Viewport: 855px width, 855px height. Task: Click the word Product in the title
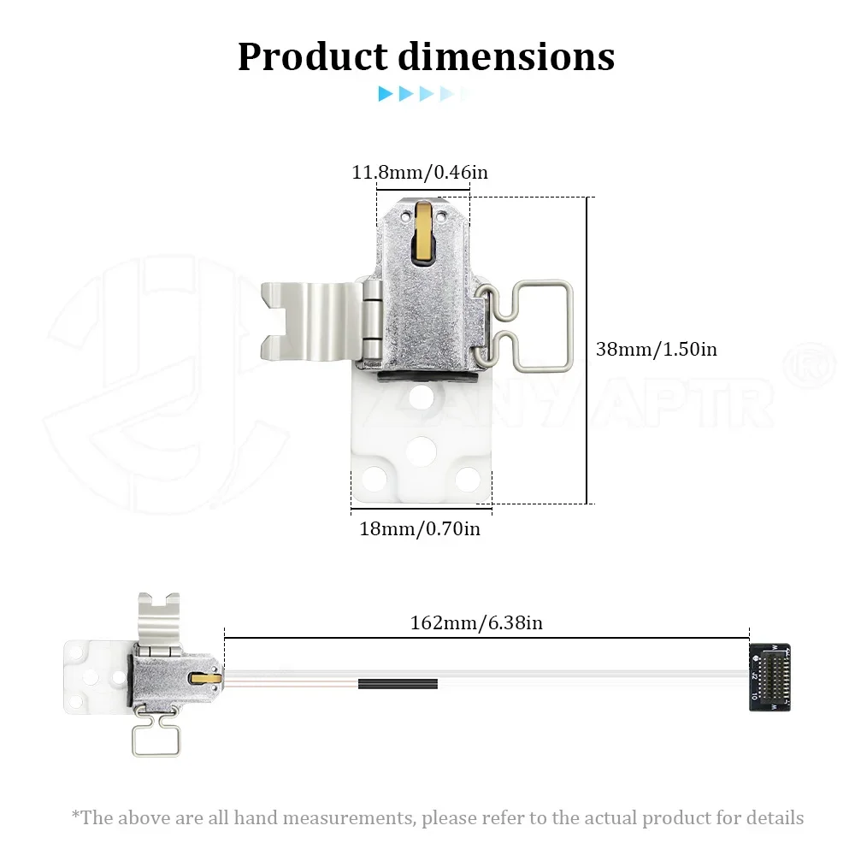tap(312, 56)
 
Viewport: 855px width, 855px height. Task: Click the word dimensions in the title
tap(506, 56)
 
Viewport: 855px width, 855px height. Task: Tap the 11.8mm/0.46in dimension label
tap(420, 173)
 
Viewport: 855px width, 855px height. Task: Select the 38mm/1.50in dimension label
tap(657, 349)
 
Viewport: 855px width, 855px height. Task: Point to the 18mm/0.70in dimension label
tap(420, 529)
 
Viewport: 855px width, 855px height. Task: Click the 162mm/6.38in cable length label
tap(476, 622)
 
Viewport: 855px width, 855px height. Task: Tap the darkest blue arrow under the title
tap(386, 94)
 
